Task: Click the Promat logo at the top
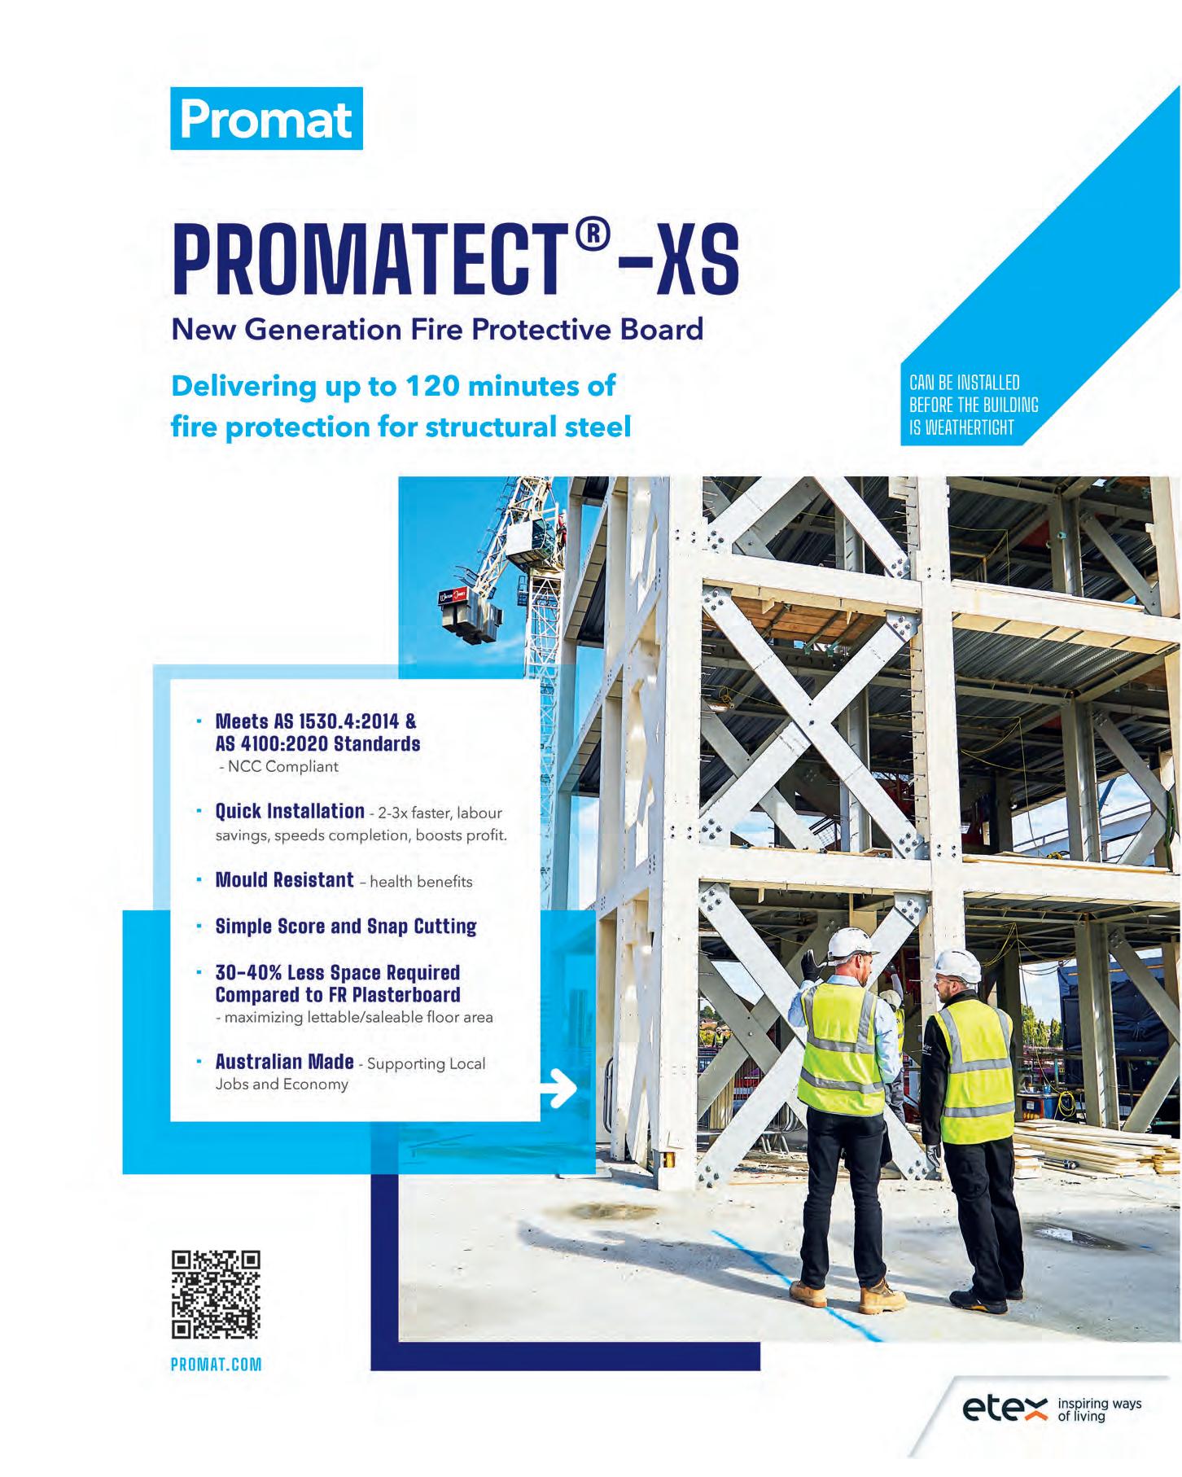[266, 119]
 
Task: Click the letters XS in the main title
[698, 262]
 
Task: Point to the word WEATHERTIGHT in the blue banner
[961, 427]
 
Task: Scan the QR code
[216, 1295]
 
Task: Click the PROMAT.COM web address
[216, 1365]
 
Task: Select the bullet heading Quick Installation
[289, 811]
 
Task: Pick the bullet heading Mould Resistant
[284, 880]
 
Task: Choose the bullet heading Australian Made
[284, 1062]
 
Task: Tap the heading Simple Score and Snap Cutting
[345, 927]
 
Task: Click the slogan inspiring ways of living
[1098, 1410]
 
